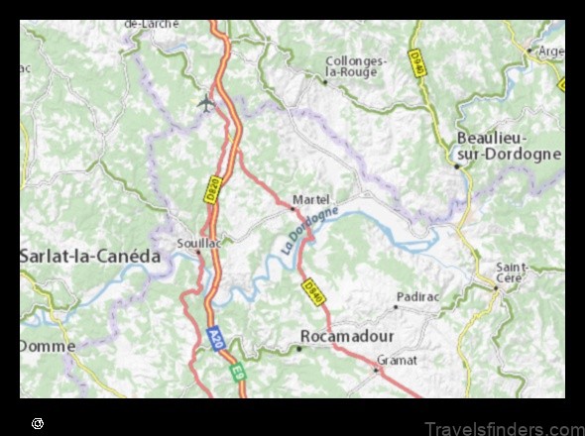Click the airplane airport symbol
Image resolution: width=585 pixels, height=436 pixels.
(x=206, y=101)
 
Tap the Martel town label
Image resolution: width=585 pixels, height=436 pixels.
(x=310, y=198)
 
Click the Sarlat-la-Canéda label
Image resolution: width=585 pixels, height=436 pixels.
(x=90, y=256)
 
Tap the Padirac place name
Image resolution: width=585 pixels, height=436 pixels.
(x=415, y=295)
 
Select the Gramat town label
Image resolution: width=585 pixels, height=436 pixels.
(x=397, y=359)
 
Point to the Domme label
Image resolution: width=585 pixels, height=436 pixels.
(x=47, y=346)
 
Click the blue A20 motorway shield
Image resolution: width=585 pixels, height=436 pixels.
(x=214, y=338)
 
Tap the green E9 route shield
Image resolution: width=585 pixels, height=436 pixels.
(x=237, y=374)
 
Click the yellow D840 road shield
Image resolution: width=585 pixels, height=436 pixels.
(x=313, y=290)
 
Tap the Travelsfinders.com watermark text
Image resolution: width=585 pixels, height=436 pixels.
(x=504, y=427)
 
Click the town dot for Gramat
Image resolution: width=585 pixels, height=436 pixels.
(x=377, y=371)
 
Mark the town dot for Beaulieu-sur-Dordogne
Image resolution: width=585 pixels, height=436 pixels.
(x=456, y=165)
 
